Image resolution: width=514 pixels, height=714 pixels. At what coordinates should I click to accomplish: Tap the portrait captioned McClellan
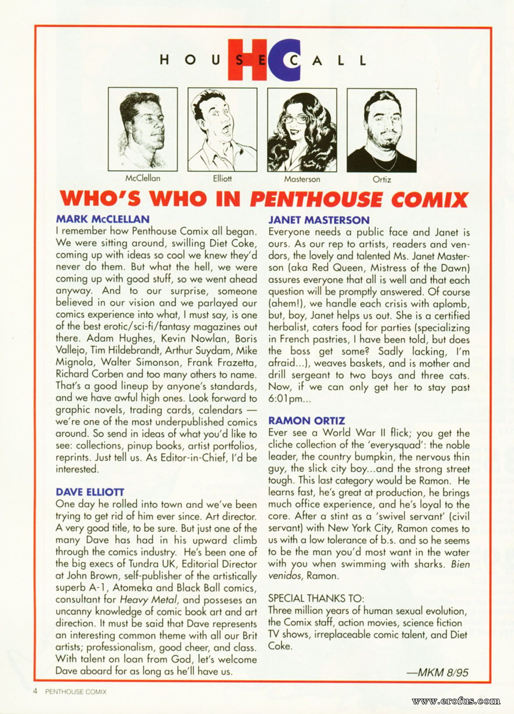(x=143, y=129)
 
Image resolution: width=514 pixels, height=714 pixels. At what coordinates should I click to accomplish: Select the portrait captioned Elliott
(x=222, y=129)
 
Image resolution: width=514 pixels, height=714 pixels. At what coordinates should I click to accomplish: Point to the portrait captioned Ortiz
(x=381, y=130)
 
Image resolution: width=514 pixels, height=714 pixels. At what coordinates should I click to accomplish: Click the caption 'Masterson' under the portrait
(x=302, y=179)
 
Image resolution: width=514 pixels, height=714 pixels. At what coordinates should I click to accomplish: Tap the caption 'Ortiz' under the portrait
(x=382, y=179)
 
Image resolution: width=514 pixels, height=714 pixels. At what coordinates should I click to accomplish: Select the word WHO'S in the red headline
(x=101, y=199)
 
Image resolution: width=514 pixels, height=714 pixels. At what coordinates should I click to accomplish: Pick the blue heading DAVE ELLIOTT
(x=90, y=492)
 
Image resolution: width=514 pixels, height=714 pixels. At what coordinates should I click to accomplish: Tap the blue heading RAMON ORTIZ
(x=307, y=421)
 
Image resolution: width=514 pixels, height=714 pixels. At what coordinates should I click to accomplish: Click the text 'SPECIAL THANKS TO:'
(x=316, y=598)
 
